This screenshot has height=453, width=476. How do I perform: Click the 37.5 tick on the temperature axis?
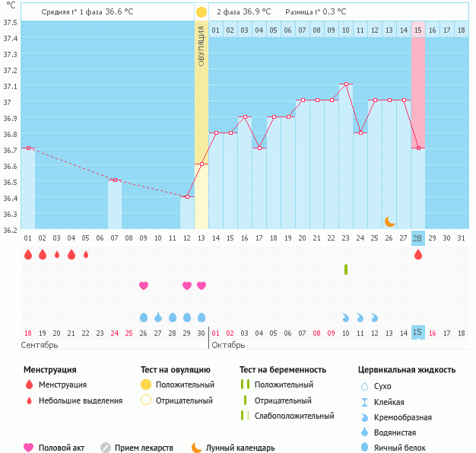[x=11, y=22]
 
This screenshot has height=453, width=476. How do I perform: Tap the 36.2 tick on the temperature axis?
[x=11, y=229]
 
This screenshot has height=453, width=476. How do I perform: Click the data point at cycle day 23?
[x=346, y=84]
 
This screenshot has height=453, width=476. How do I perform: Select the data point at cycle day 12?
[x=187, y=196]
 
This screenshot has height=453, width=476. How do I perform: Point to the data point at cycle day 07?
[x=114, y=180]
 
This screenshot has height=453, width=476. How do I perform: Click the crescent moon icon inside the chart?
[x=389, y=221]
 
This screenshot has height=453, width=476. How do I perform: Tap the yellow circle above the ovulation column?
[x=201, y=12]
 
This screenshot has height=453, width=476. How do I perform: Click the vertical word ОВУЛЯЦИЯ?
[x=202, y=46]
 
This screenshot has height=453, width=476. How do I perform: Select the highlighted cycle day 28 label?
[x=417, y=238]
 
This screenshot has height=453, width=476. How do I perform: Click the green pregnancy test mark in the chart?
[x=346, y=269]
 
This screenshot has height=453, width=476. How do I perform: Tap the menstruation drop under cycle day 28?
[x=417, y=255]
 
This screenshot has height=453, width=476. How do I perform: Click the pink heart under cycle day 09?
[x=143, y=286]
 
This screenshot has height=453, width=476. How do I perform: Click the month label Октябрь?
[x=228, y=345]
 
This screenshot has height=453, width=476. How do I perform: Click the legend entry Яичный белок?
[x=397, y=448]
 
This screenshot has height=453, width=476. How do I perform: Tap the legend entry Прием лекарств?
[x=144, y=448]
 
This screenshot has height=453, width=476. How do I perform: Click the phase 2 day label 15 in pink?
[x=418, y=30]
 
